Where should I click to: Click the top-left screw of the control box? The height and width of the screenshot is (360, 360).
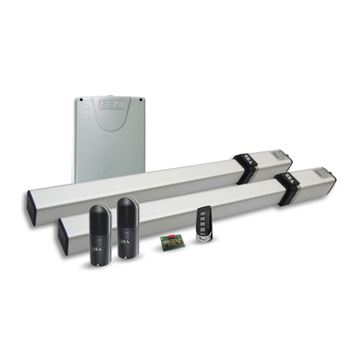[82, 100]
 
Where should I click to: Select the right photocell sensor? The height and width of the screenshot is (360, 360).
[127, 229]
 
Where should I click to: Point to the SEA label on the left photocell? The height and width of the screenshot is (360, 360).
[98, 247]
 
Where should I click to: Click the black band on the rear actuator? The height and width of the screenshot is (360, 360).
[246, 168]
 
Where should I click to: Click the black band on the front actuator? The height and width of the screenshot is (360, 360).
[288, 188]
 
